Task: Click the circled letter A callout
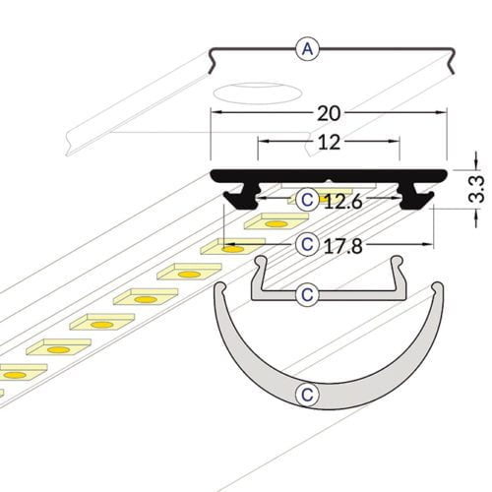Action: (309, 48)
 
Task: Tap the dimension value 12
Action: (329, 142)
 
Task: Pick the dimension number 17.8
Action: (343, 243)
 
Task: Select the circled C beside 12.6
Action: (308, 200)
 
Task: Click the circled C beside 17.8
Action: (308, 243)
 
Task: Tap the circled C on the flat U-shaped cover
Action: (308, 293)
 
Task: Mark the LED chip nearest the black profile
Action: (338, 195)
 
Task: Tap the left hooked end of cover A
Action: (214, 65)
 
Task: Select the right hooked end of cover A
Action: (450, 65)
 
